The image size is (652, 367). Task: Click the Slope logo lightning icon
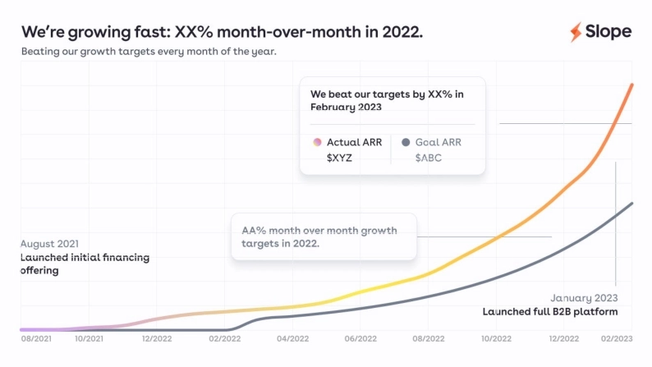tap(576, 32)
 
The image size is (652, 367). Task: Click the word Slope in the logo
tap(608, 32)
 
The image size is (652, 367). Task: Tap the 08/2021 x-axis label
tap(37, 337)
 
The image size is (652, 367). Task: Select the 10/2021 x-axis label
tap(89, 337)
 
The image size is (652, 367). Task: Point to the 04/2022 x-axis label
tap(292, 337)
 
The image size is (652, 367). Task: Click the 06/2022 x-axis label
tap(360, 337)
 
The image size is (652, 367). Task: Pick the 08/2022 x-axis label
tap(428, 337)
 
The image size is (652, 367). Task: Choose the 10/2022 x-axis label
tap(496, 337)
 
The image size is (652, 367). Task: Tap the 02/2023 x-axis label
tap(617, 337)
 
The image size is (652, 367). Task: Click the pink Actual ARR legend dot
tap(317, 142)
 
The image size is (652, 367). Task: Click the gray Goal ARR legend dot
tap(405, 142)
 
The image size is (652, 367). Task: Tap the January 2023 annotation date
tap(584, 298)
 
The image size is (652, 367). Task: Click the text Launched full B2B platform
tap(549, 312)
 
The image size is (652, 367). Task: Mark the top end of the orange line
tap(631, 84)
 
